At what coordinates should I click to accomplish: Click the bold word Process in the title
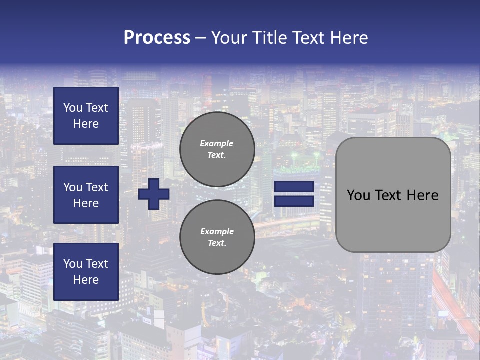coord(157,37)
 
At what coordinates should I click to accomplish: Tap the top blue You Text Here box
coord(86,116)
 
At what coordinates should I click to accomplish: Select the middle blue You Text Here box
coord(86,195)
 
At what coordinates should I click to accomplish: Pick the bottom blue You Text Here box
coord(86,272)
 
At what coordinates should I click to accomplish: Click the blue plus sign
coord(154,194)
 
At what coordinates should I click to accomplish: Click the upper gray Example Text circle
coord(217,149)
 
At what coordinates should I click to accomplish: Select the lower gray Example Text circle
coord(217,237)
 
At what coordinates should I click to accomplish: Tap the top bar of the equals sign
coord(294,187)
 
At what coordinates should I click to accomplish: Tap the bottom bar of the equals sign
coord(294,201)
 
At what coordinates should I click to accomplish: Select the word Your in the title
coord(229,37)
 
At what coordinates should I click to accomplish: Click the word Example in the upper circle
coord(217,143)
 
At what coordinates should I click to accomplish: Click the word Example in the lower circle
coord(217,231)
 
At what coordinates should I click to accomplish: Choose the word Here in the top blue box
coord(86,124)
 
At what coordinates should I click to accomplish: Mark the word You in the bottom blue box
coord(72,264)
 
